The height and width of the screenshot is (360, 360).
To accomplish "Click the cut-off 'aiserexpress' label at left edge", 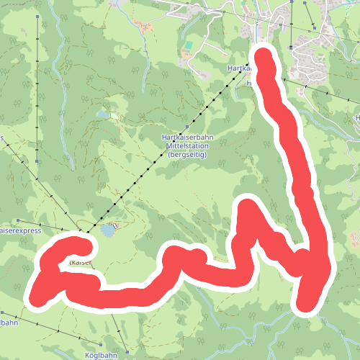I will point(19,232).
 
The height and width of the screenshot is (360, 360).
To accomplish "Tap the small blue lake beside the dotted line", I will point(108,230).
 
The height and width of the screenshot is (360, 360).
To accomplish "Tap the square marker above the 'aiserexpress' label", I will point(17,221).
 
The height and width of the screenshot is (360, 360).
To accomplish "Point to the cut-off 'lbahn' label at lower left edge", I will point(7,323).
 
